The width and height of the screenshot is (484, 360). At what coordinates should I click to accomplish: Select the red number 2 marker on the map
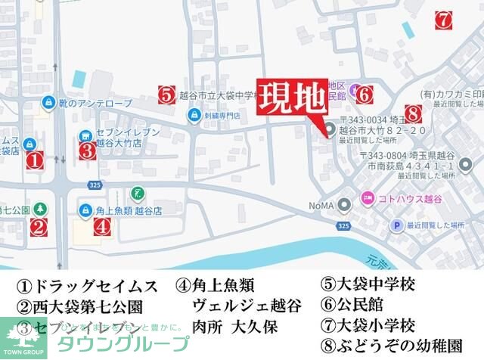39,226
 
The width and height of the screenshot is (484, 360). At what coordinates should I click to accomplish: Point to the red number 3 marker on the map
87,150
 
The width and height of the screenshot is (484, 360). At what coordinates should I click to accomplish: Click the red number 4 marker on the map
103,226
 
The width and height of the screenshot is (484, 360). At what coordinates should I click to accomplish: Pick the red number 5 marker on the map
168,95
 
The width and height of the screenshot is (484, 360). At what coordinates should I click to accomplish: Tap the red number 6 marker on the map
363,95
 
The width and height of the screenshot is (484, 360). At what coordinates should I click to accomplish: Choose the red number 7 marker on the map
444,19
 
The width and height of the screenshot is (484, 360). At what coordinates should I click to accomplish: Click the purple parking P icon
395,225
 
